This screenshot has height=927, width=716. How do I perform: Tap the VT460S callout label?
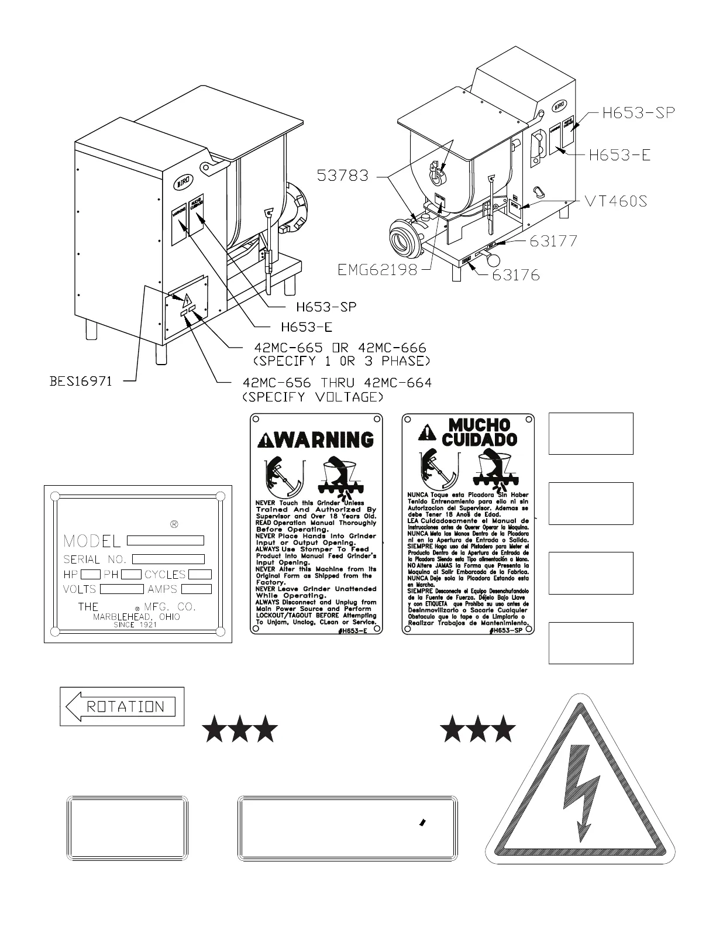pyautogui.click(x=617, y=201)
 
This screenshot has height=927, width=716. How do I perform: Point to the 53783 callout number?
pyautogui.click(x=343, y=175)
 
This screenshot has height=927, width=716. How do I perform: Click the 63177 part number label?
pyautogui.click(x=554, y=241)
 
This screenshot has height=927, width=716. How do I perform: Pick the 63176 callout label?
pyautogui.click(x=515, y=274)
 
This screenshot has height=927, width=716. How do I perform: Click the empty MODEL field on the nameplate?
pyautogui.click(x=166, y=540)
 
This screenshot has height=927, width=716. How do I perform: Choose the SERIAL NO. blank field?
pyautogui.click(x=168, y=559)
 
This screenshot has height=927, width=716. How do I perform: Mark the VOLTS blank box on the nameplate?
pyautogui.click(x=122, y=589)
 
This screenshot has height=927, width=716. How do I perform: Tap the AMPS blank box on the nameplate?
pyautogui.click(x=196, y=589)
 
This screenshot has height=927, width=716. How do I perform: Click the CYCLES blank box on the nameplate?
pyautogui.click(x=199, y=575)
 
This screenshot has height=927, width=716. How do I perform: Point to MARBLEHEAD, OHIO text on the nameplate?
pyautogui.click(x=137, y=617)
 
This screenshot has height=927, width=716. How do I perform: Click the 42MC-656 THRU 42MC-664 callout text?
pyautogui.click(x=338, y=383)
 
